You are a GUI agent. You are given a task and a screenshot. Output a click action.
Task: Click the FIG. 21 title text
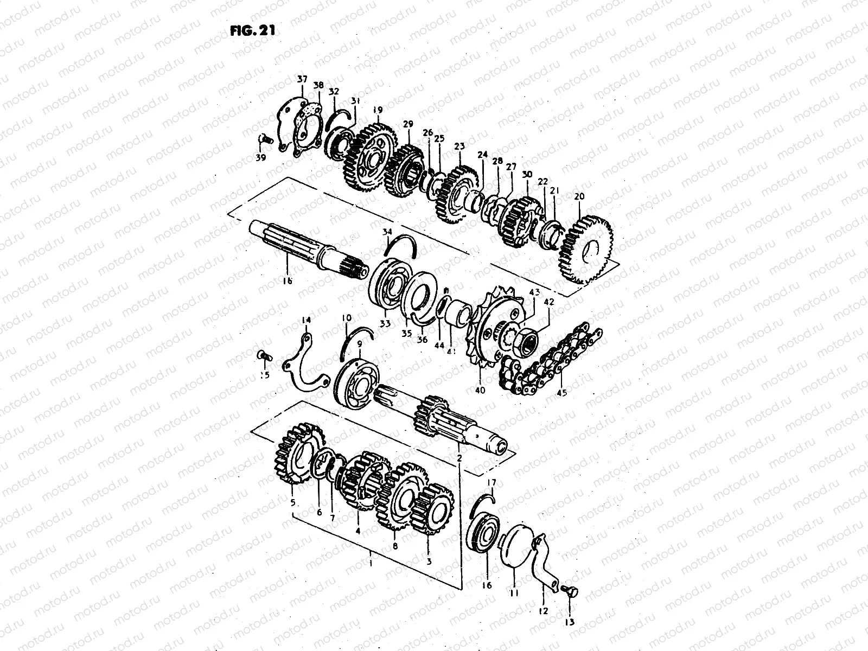pyautogui.click(x=253, y=30)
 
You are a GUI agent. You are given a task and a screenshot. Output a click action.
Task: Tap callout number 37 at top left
pyautogui.click(x=302, y=80)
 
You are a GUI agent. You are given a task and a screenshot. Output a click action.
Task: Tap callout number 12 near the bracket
pyautogui.click(x=544, y=611)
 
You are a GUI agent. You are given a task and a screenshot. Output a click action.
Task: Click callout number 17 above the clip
pyautogui.click(x=492, y=482)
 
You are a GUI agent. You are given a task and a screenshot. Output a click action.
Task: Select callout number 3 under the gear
pyautogui.click(x=429, y=562)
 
